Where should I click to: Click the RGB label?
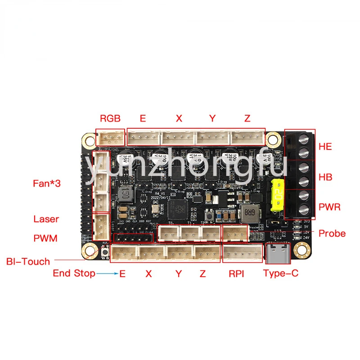pos(110,119)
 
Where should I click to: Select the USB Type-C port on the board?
pos(275,254)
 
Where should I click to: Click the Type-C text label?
pos(280,273)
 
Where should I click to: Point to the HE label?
pos(325,147)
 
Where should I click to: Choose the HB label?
pos(325,177)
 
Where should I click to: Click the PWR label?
pos(329,207)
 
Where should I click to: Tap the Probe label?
pos(332,233)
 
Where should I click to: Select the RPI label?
pos(236,273)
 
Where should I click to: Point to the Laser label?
pos(46,219)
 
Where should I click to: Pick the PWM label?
pos(45,238)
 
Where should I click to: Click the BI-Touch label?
pos(28,261)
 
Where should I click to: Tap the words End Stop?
pos(74,273)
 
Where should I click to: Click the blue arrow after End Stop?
pos(108,273)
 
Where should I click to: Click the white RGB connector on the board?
pos(111,137)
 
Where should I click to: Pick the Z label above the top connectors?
pos(247,119)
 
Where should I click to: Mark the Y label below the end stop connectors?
pos(179,273)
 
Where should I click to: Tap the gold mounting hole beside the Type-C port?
pos(301,248)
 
